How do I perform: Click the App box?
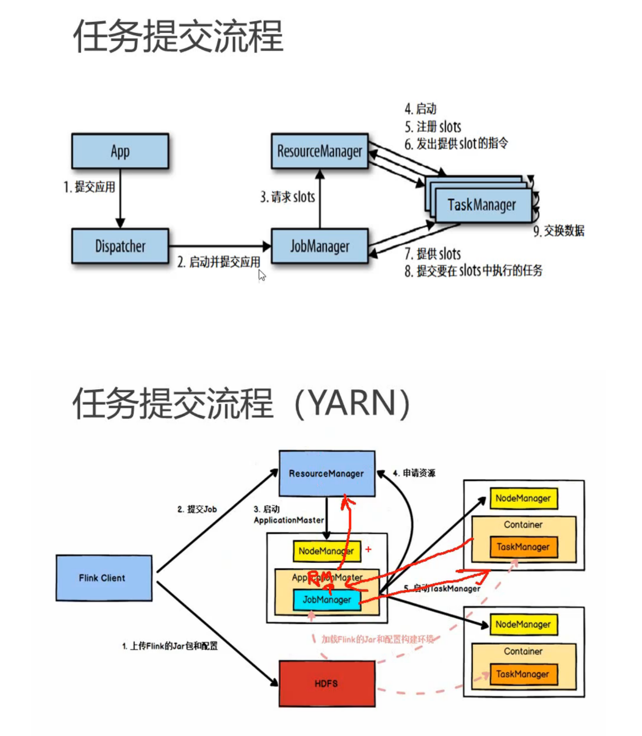(120, 151)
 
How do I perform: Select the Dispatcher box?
(120, 246)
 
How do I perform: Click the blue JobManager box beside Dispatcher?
(319, 246)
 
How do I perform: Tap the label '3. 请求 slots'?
(288, 197)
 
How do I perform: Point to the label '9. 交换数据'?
(559, 230)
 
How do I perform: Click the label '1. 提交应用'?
(89, 187)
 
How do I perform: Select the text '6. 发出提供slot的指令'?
(456, 143)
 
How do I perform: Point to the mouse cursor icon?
(262, 275)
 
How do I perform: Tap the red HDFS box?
(327, 683)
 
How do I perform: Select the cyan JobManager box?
(327, 600)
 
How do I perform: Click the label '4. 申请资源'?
(414, 473)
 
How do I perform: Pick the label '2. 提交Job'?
(197, 509)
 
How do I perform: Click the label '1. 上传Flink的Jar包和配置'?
(170, 646)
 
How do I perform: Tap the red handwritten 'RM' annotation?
(321, 579)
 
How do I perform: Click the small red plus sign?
(368, 550)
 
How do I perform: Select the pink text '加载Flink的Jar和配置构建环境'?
(377, 639)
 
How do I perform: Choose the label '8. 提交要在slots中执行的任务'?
(473, 271)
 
